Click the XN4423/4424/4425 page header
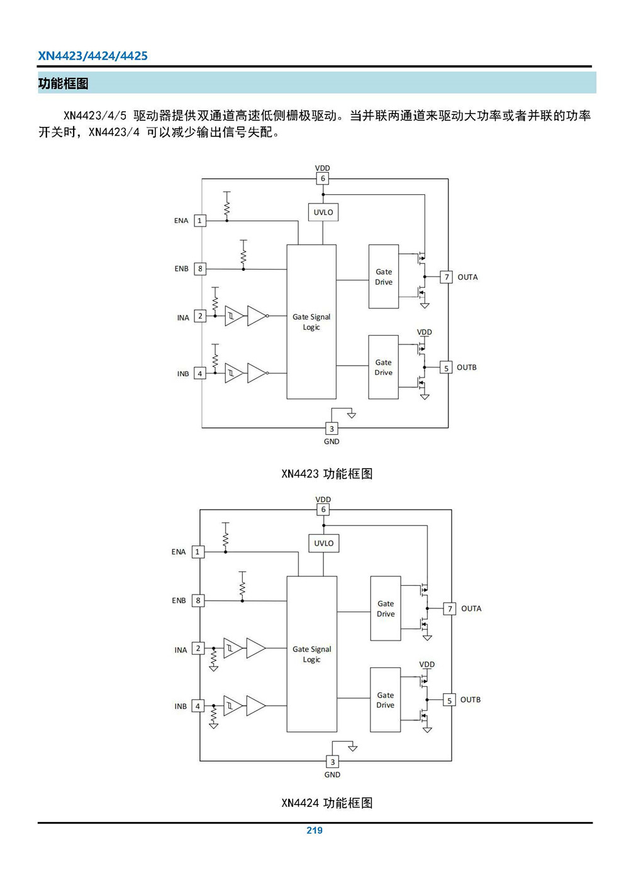tap(92, 56)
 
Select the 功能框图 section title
tap(63, 84)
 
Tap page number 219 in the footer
tap(314, 830)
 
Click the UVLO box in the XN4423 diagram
tap(323, 212)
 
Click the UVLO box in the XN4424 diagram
tap(324, 544)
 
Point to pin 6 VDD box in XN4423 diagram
tap(323, 178)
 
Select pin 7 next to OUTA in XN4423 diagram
tap(447, 277)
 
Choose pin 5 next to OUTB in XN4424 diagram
tap(449, 700)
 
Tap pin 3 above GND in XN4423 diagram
tap(331, 429)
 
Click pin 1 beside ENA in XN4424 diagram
tap(198, 552)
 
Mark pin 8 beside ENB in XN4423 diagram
tap(200, 269)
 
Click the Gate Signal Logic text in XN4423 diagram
tap(311, 322)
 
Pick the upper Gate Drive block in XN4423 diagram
tap(384, 277)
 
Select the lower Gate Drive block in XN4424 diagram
tap(386, 700)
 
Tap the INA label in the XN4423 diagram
tap(183, 318)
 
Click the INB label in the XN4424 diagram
tap(181, 706)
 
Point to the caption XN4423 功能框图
tap(327, 474)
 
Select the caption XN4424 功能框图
tap(327, 803)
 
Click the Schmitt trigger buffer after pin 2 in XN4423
tap(233, 316)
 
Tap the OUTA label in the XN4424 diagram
tap(471, 608)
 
